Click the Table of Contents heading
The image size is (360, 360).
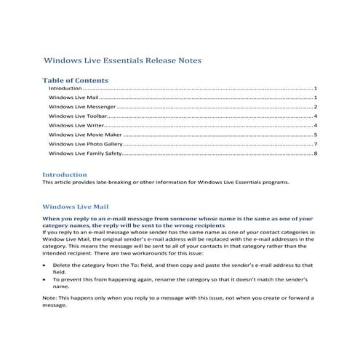click(x=76, y=80)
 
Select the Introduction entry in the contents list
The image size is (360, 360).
click(x=65, y=88)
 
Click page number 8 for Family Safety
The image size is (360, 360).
click(x=316, y=154)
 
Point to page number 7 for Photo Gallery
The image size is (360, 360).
click(x=316, y=145)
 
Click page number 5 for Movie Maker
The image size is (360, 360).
click(x=316, y=135)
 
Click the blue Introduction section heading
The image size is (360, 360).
click(x=65, y=175)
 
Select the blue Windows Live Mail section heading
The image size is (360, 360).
click(x=76, y=206)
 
